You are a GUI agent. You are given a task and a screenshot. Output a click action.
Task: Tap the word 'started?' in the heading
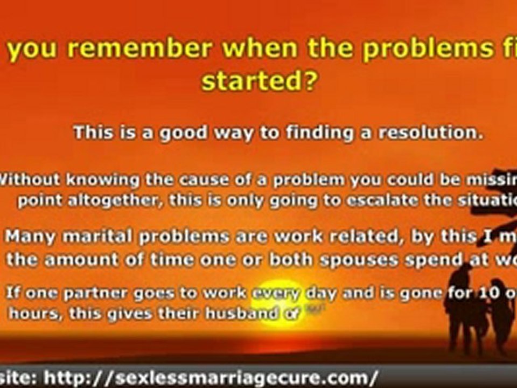pyautogui.click(x=258, y=82)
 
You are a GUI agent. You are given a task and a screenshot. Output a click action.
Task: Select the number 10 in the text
pyautogui.click(x=483, y=294)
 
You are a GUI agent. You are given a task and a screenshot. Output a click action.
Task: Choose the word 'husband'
pyautogui.click(x=242, y=314)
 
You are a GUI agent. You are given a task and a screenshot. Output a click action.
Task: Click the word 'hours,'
pyautogui.click(x=33, y=314)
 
